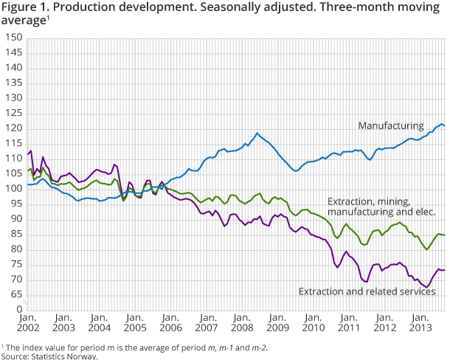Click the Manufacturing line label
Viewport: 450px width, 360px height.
[x=391, y=125]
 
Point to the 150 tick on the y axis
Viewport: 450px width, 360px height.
[x=13, y=38]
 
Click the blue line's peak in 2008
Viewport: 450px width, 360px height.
[x=257, y=134]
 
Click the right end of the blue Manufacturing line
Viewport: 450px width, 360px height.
[x=444, y=126]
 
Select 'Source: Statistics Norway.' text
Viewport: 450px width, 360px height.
[x=49, y=356]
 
